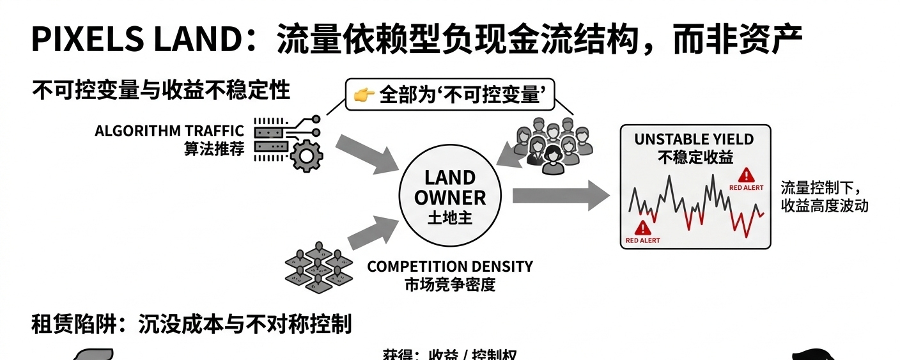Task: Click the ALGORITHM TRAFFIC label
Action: tap(169, 131)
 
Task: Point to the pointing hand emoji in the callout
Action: tap(364, 96)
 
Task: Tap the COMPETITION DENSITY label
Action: tap(449, 267)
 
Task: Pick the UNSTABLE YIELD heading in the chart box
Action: tap(694, 139)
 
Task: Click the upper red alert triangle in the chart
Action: tap(745, 176)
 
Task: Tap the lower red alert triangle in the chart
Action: tap(642, 228)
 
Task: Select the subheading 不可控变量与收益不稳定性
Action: tap(161, 91)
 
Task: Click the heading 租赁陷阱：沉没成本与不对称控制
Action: tap(192, 325)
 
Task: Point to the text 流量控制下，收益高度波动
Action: tap(824, 197)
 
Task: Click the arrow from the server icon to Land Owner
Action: tap(367, 153)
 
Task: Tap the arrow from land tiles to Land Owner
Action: tap(373, 232)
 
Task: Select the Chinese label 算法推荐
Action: tap(214, 150)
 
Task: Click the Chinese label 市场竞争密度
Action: tap(449, 285)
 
